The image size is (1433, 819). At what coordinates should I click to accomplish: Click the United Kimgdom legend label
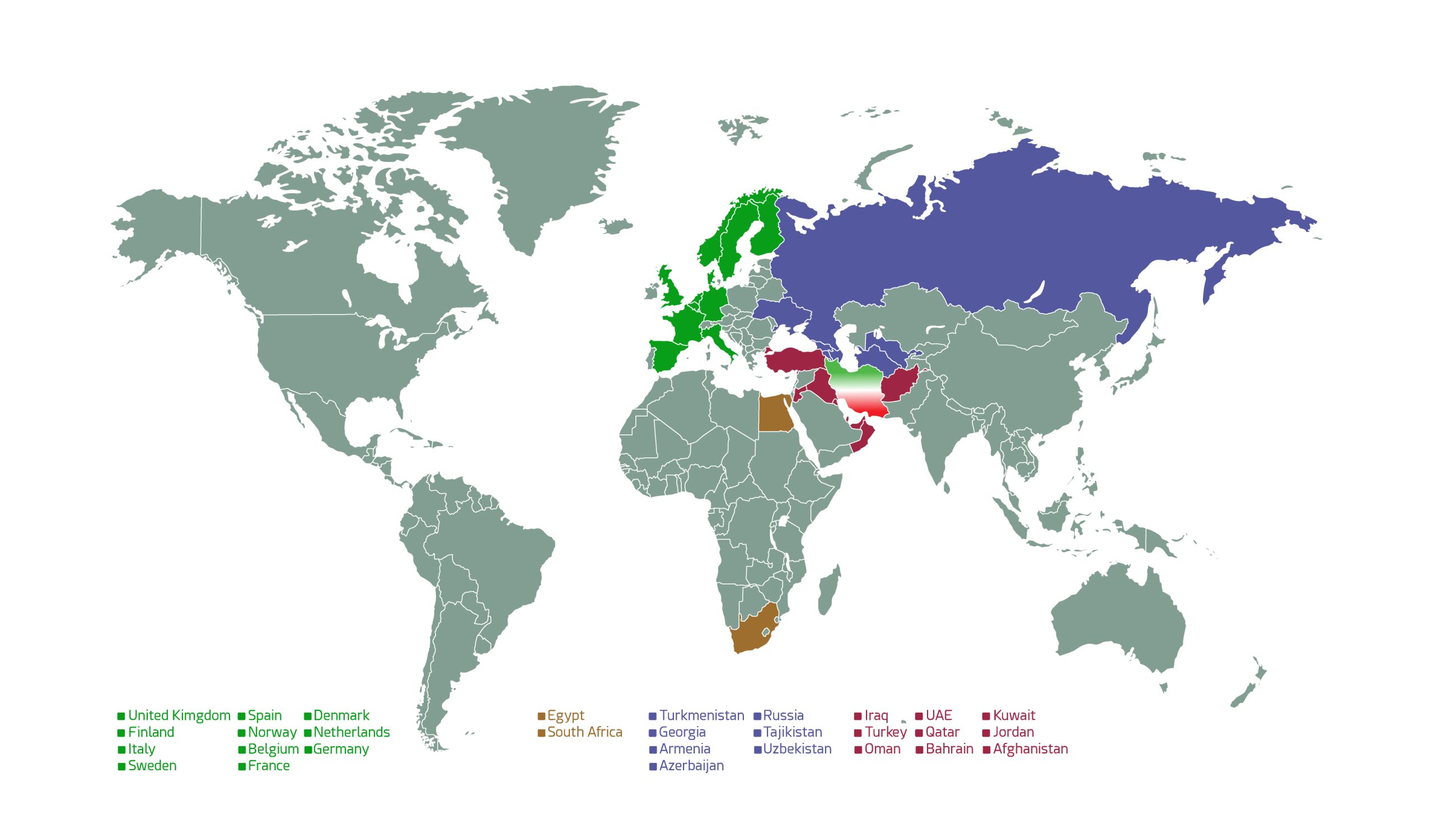click(179, 715)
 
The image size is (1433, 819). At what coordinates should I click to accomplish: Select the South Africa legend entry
click(584, 732)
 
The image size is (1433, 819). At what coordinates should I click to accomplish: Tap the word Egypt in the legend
click(565, 715)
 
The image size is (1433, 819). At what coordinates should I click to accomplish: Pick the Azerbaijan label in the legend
click(691, 766)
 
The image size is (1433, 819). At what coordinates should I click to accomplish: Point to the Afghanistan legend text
click(1030, 749)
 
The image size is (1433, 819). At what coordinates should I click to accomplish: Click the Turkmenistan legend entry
click(701, 715)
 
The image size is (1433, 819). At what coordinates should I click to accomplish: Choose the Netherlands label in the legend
click(351, 732)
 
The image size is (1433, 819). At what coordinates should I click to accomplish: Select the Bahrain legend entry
click(949, 749)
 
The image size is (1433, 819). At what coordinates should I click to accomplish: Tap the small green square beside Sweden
click(121, 767)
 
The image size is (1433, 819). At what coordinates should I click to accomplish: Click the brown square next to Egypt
click(542, 716)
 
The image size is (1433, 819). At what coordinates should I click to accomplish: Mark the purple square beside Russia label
click(757, 716)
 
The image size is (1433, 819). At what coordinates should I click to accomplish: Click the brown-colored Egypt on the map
click(774, 414)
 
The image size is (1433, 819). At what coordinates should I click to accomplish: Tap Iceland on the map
click(615, 226)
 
